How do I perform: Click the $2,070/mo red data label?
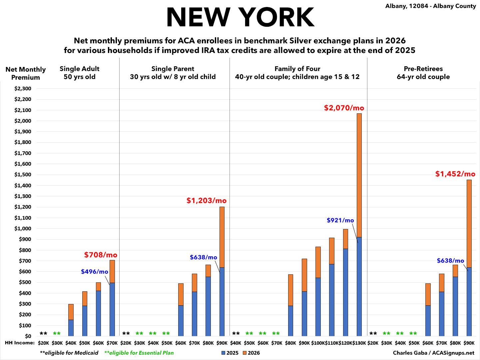point(344,108)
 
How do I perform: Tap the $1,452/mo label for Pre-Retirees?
point(455,174)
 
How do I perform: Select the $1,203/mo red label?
point(206,201)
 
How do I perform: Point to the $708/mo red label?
point(101,255)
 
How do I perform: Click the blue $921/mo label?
point(340,220)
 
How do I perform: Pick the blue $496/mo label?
point(95,272)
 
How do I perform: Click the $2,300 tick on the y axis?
point(23,89)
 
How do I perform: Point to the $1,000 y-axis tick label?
point(23,229)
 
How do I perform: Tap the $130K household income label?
point(359,343)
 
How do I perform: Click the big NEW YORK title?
point(240,17)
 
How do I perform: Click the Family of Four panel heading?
point(297,73)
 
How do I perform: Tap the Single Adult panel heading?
point(79,73)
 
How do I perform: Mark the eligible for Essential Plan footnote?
point(139,353)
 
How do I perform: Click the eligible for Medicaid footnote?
point(69,353)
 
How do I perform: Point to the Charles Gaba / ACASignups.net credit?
point(433,353)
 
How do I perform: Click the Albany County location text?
point(431,6)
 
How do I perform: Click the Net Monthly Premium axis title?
point(25,73)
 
